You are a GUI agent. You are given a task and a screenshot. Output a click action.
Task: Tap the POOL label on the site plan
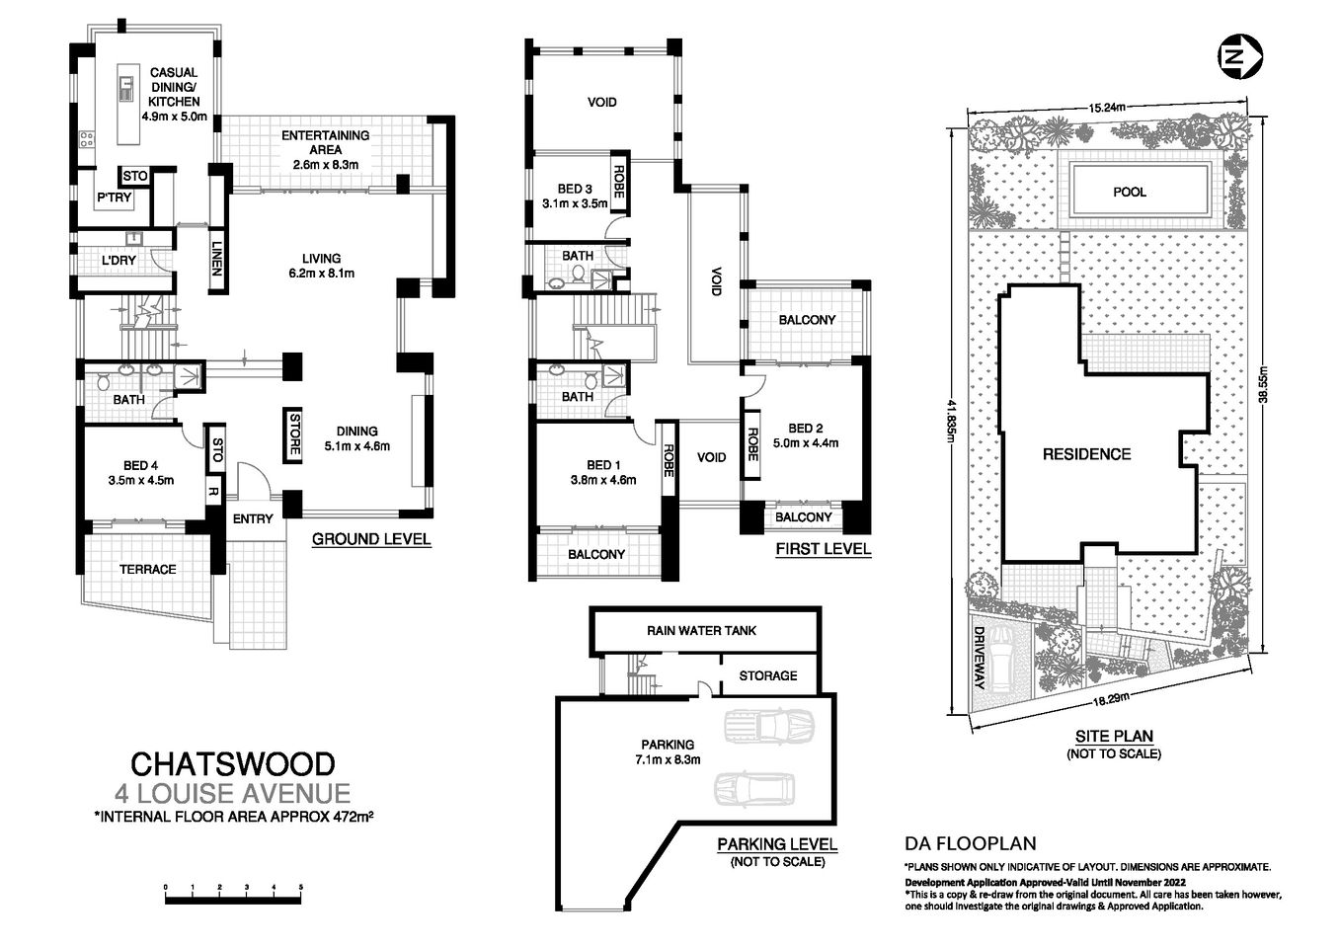(1129, 192)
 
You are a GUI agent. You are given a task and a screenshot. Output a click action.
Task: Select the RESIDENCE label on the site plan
(1086, 454)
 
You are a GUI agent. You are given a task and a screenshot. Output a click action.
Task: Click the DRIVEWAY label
(980, 658)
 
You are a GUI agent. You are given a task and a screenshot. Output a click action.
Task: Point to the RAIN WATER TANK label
(701, 630)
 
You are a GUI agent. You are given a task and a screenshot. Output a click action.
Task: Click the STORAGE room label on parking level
(767, 675)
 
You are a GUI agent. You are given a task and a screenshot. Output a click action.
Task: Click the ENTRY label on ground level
(253, 519)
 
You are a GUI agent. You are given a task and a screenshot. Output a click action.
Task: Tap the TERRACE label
(147, 569)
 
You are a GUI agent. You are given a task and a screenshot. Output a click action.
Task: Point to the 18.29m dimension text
(1112, 700)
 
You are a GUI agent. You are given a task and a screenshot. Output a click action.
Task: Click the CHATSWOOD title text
(233, 763)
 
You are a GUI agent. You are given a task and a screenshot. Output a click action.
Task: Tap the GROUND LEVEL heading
(370, 539)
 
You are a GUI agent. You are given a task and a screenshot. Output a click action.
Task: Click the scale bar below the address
(233, 897)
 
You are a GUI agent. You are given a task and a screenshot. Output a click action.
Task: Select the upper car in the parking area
(768, 728)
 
